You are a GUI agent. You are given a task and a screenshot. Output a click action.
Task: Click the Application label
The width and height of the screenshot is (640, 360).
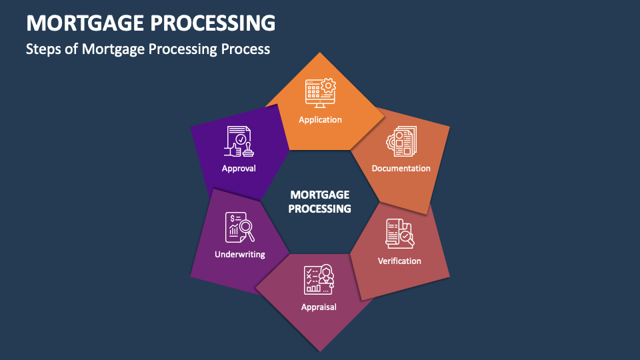click(320, 120)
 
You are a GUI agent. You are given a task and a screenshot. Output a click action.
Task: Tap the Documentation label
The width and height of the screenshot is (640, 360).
click(401, 168)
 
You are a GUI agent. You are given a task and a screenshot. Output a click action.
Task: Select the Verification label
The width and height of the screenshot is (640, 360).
click(399, 261)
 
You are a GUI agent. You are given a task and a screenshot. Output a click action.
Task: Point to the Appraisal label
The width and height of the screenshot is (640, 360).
click(319, 307)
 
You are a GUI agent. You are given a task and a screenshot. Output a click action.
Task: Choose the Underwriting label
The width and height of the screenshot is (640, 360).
click(240, 254)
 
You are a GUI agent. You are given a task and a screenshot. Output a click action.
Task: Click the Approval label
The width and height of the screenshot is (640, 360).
click(239, 169)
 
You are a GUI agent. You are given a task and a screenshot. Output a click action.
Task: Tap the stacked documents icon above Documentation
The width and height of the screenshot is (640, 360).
click(401, 141)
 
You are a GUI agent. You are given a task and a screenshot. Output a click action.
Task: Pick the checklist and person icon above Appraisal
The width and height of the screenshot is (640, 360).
click(319, 280)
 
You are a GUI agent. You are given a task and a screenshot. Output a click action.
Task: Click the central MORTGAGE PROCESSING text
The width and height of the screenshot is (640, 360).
click(320, 201)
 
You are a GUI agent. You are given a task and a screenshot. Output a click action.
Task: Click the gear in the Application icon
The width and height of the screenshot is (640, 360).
click(328, 85)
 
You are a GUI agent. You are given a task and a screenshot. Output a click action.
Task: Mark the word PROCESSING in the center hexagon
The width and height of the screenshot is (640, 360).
click(320, 209)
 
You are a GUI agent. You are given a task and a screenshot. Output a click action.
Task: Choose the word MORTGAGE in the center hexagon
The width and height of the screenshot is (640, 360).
click(320, 195)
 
